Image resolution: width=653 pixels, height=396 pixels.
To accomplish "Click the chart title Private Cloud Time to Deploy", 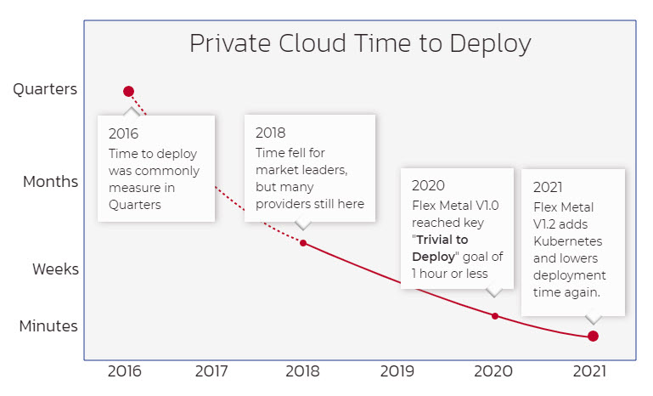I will tap(360, 44).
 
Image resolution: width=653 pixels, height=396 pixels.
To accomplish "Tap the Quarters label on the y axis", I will tap(45, 89).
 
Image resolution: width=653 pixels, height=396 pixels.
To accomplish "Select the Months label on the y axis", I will tap(50, 182).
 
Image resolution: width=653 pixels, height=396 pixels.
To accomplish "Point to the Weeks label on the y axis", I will tap(55, 269).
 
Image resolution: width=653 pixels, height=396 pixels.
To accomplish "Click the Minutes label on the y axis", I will tap(49, 326).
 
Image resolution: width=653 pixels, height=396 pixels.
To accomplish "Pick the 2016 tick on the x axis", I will tap(124, 371).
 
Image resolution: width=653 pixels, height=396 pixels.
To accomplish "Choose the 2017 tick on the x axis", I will tap(211, 371).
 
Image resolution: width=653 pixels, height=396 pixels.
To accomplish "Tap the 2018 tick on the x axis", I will tap(303, 371).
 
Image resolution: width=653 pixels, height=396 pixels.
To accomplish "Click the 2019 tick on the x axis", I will tap(397, 371).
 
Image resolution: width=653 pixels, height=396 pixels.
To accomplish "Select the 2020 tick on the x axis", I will tap(493, 371).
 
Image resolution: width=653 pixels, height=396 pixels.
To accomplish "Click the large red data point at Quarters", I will tap(128, 91).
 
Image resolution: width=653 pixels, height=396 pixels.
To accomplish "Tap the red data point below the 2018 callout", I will tap(303, 243).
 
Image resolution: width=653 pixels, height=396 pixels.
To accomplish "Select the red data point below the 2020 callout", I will tap(495, 315).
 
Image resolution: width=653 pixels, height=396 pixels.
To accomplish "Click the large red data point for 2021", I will tap(593, 336).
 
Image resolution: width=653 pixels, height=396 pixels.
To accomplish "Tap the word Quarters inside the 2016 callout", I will tap(133, 204).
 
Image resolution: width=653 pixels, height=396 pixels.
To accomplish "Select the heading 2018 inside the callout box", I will tap(271, 133).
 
